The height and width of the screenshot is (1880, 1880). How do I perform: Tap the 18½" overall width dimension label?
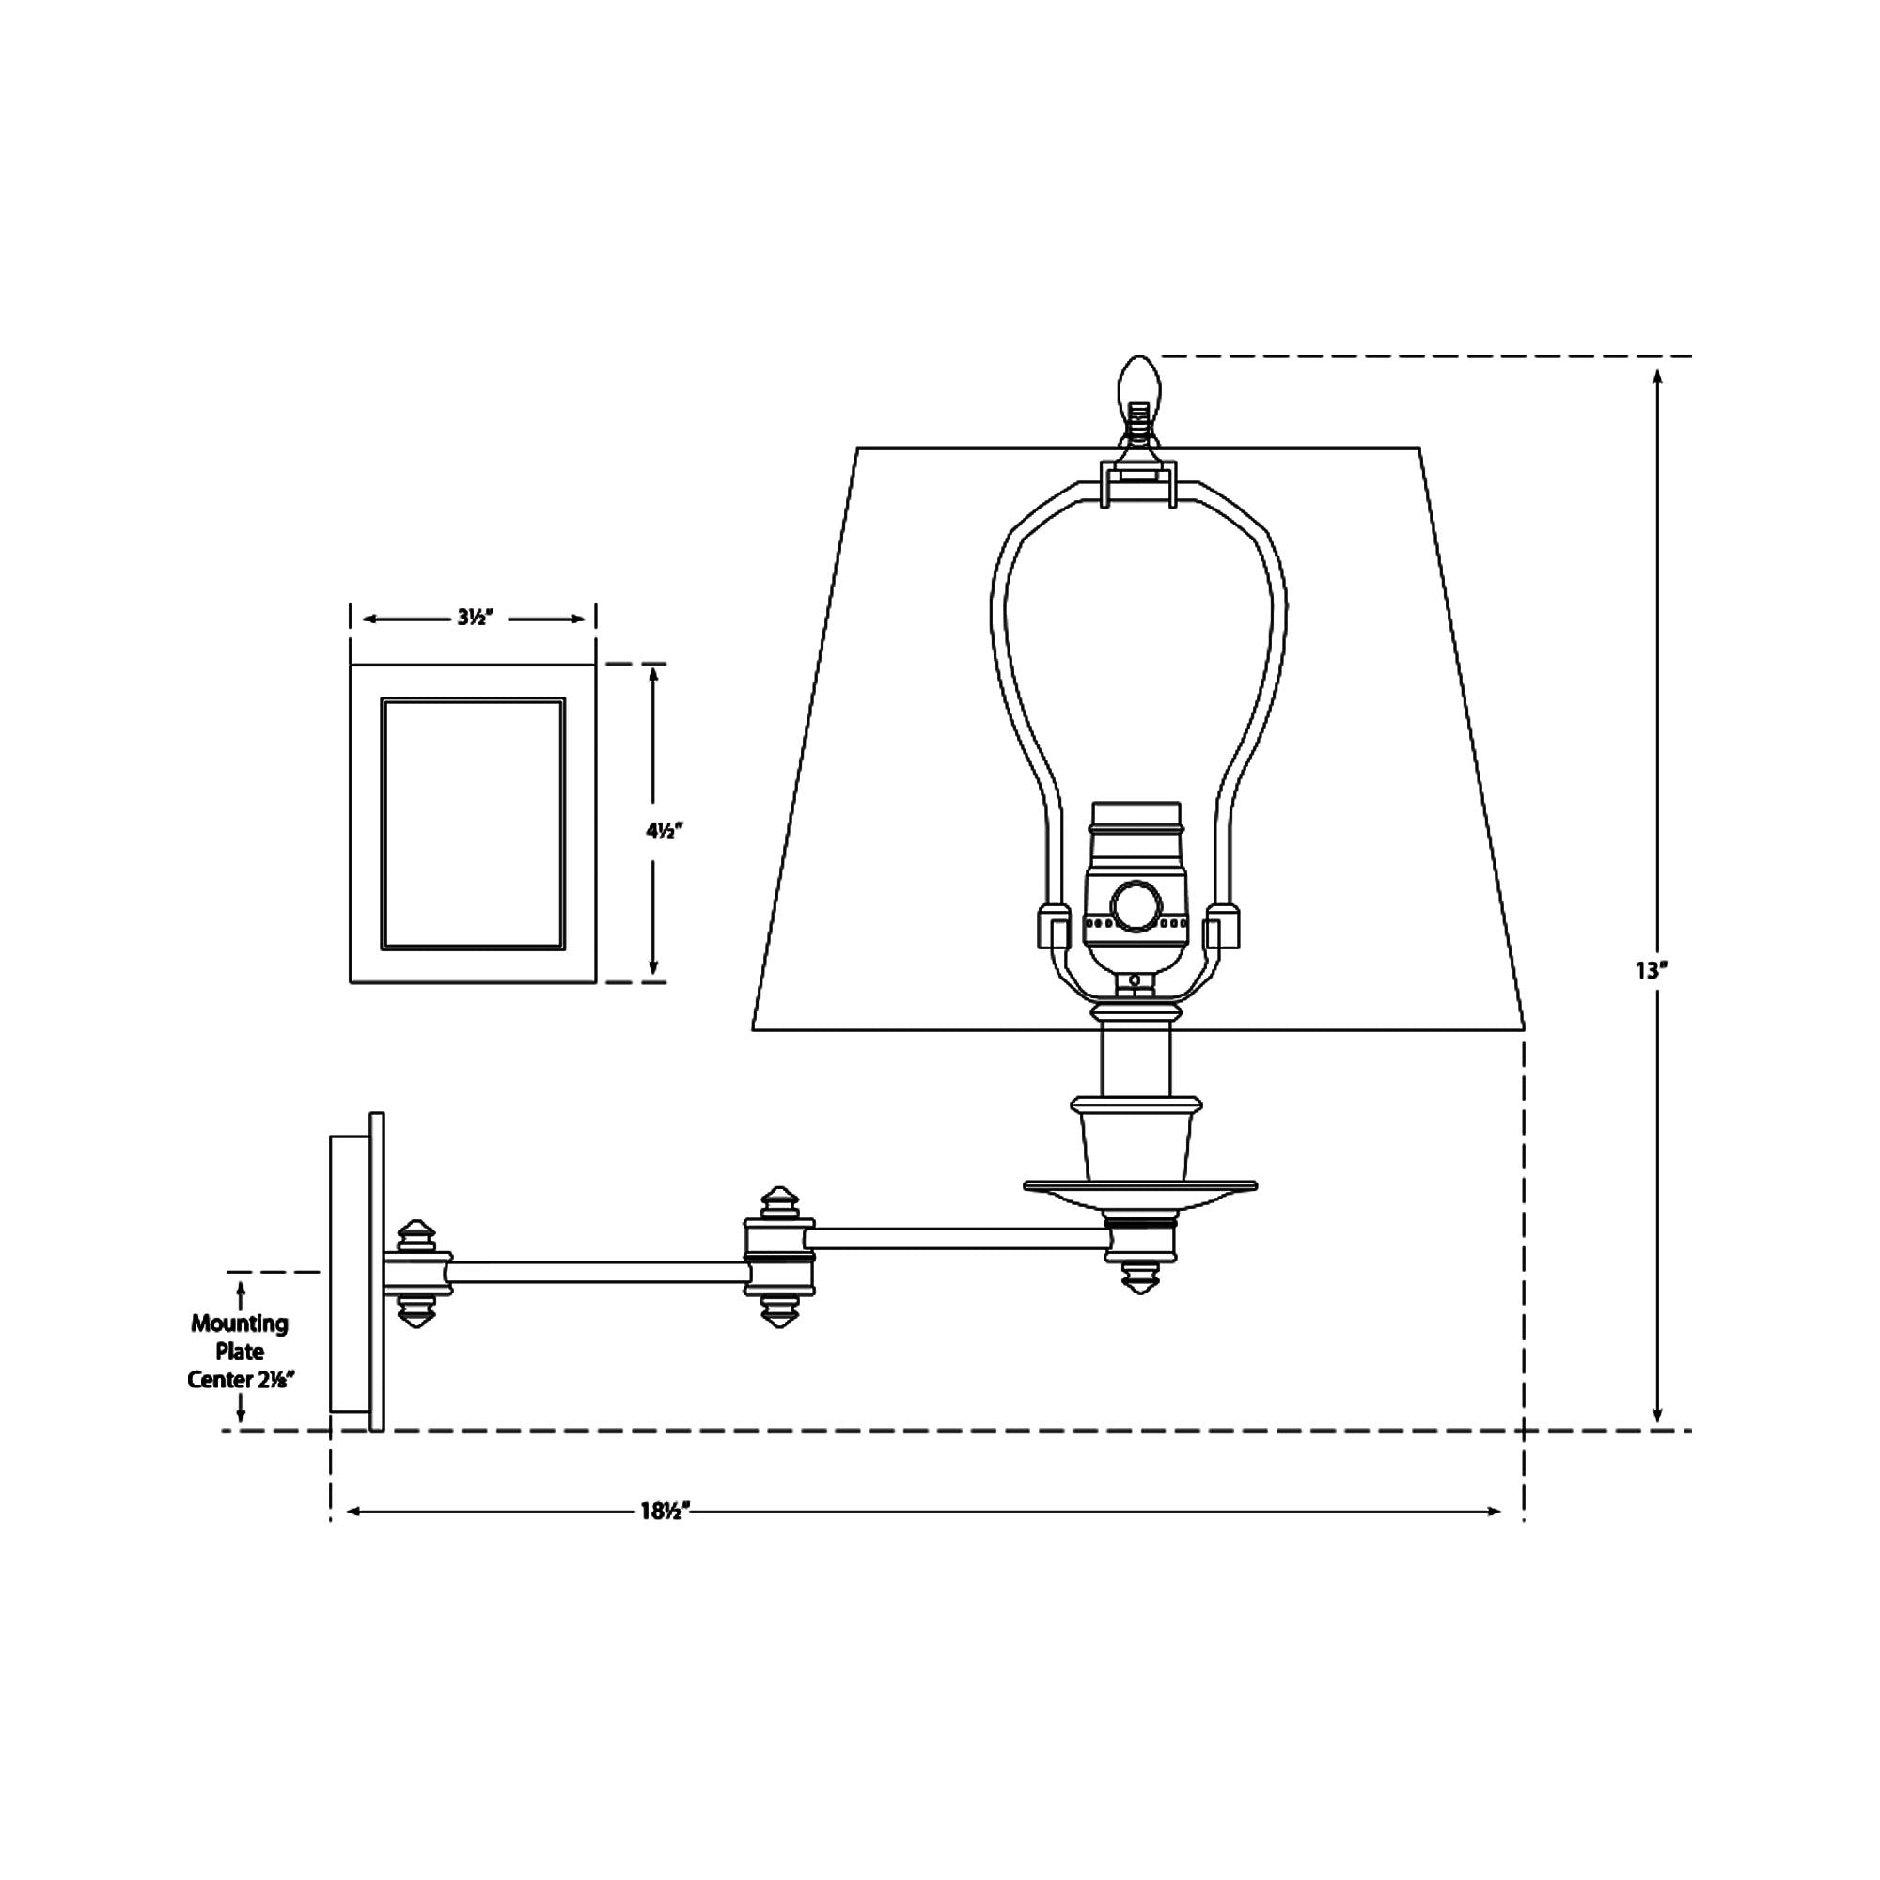coord(666,1512)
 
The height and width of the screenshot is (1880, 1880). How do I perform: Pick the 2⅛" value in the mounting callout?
coord(274,1380)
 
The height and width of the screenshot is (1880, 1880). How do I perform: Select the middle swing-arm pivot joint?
coord(778,1257)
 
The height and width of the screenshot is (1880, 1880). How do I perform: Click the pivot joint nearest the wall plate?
coord(417,1272)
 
